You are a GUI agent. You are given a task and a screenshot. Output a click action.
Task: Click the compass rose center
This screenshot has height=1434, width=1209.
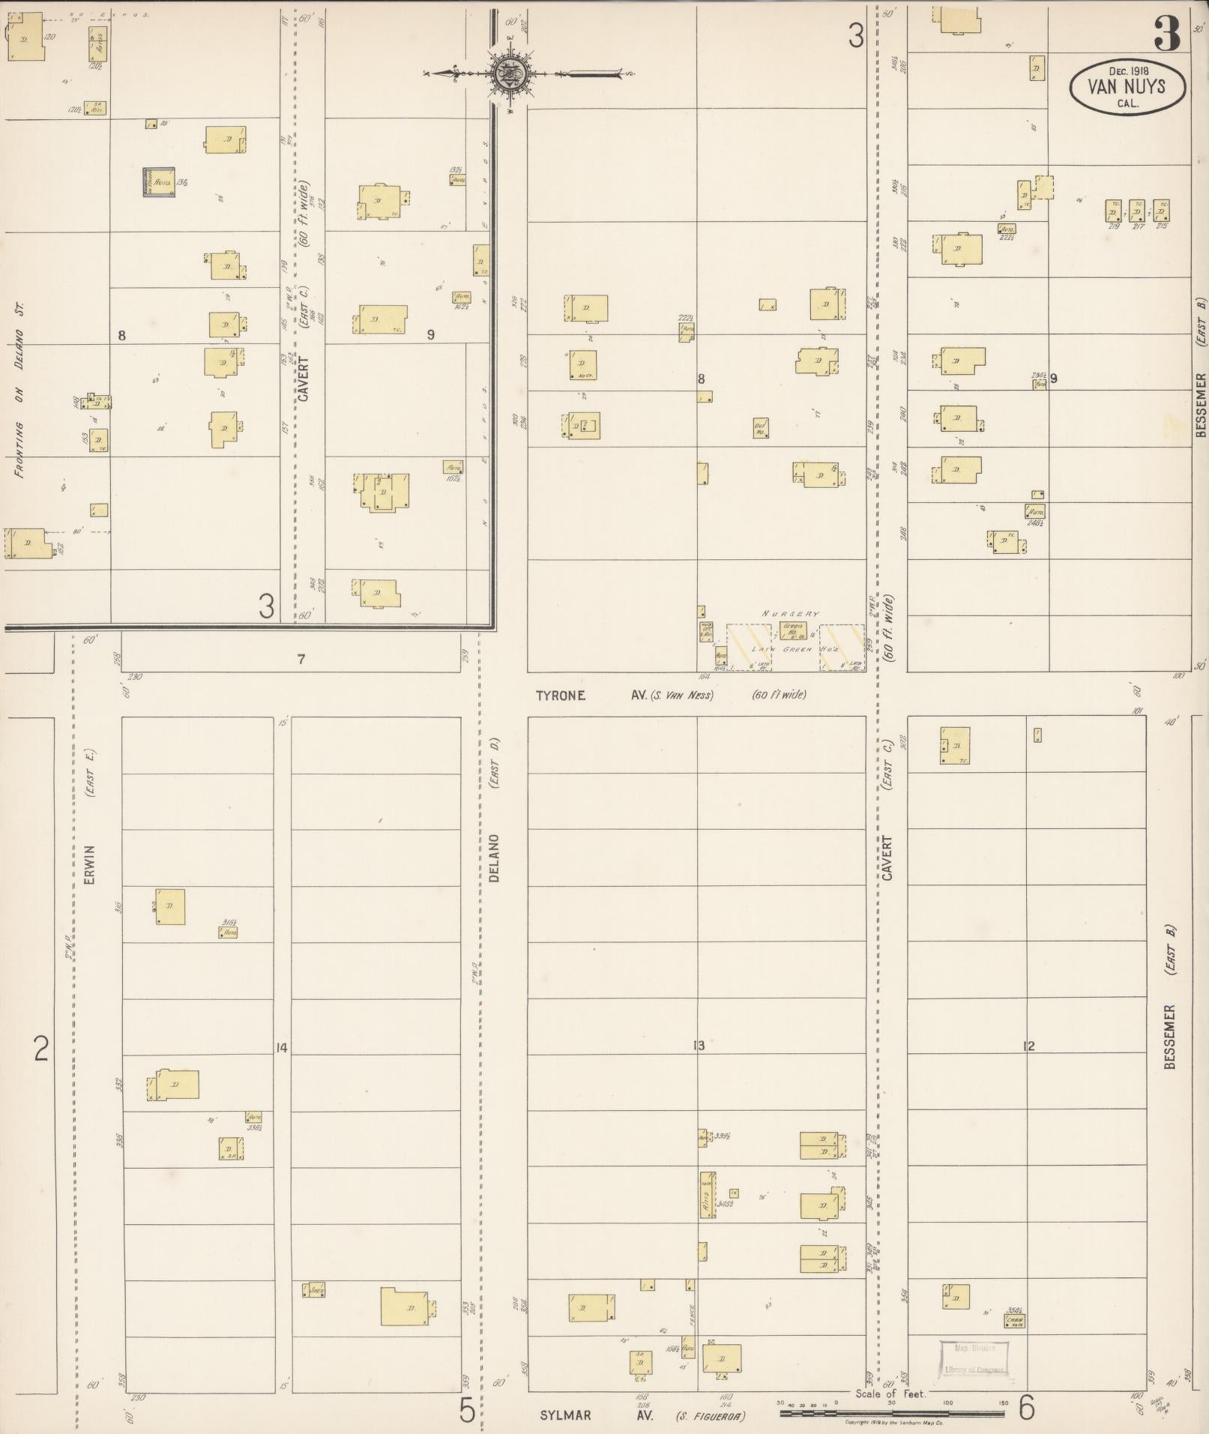click(x=510, y=73)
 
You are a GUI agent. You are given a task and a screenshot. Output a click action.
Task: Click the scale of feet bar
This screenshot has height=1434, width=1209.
click(x=892, y=1414)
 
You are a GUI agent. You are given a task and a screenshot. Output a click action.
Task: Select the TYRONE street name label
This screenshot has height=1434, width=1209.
click(x=560, y=696)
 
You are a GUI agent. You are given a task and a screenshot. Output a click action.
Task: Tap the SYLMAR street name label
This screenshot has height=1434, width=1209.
click(x=565, y=1416)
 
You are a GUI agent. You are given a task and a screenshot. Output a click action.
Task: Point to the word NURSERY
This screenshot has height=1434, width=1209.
click(x=790, y=614)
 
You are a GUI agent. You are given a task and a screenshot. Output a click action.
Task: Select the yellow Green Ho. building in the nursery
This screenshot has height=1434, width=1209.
click(x=792, y=630)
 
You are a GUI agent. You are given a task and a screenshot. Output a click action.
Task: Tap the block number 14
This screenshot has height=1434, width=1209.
click(x=281, y=1048)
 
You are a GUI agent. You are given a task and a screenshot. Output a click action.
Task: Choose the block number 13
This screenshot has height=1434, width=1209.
click(x=699, y=1046)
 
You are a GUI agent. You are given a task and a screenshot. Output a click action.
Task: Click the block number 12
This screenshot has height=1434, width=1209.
click(x=1028, y=1046)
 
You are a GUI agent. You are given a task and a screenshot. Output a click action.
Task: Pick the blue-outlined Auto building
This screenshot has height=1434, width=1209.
click(x=159, y=182)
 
